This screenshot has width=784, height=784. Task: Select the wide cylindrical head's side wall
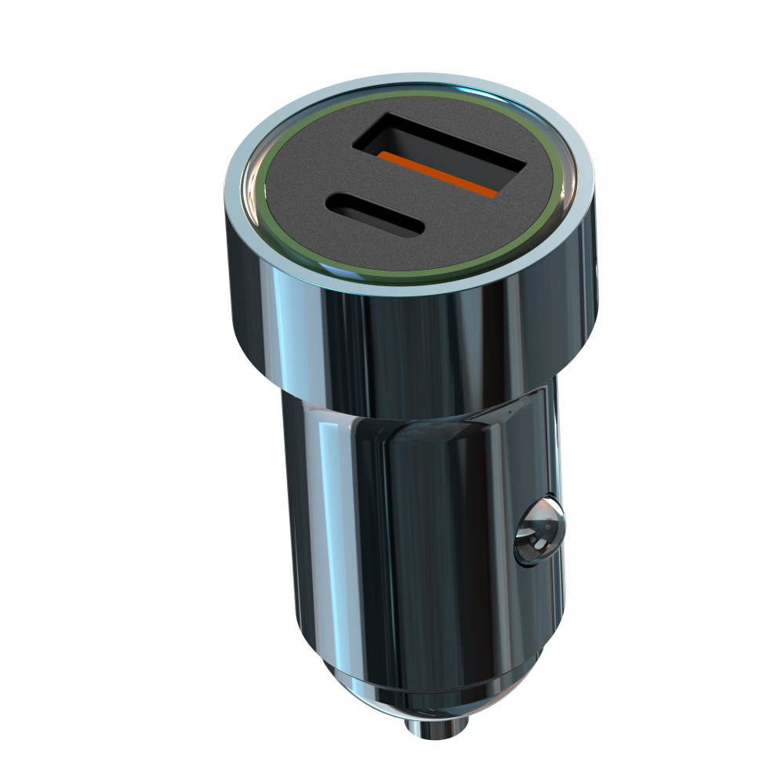tap(408, 345)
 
